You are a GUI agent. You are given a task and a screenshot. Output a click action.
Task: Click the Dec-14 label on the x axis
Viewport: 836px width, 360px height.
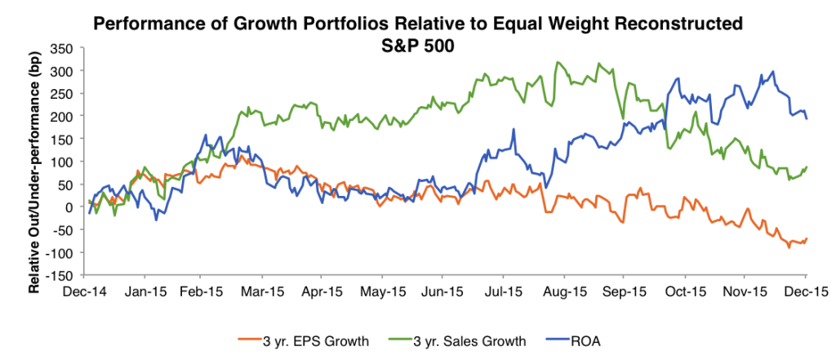coord(86,290)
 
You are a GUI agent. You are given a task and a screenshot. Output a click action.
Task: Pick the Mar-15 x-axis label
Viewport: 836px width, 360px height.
coord(266,290)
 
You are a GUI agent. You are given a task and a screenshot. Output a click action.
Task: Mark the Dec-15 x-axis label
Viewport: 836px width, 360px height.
coord(806,290)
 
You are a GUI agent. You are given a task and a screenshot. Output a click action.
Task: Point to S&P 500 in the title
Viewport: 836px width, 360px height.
coord(417,47)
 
